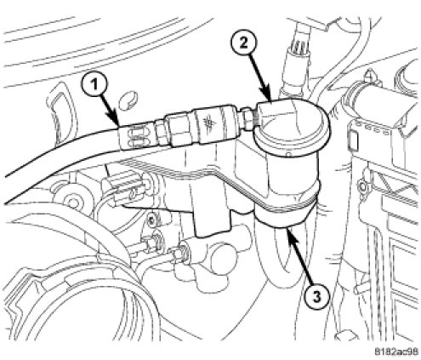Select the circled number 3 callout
317,297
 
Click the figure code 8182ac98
396,351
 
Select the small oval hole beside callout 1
128,101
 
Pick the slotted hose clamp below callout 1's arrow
134,134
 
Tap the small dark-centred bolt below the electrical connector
152,220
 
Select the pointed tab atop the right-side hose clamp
369,74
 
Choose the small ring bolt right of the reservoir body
362,187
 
